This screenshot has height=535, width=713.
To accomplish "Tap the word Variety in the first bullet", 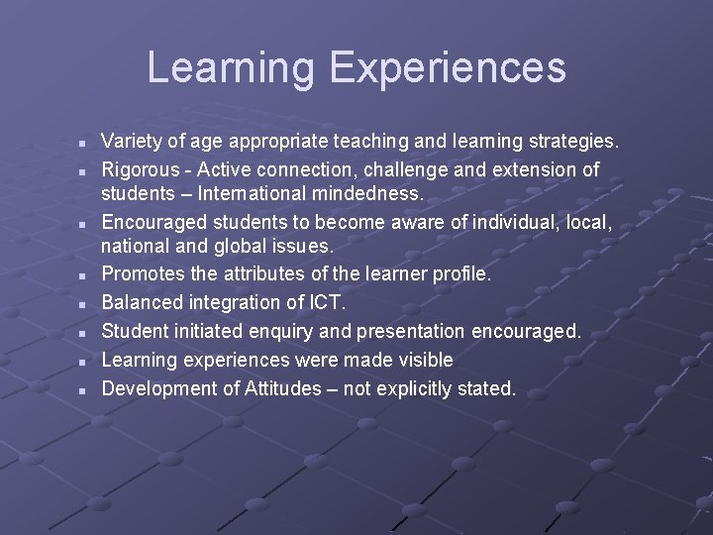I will pyautogui.click(x=132, y=143).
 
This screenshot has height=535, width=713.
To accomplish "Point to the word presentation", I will pyautogui.click(x=402, y=331).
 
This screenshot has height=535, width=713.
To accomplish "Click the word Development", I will pyautogui.click(x=157, y=387).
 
